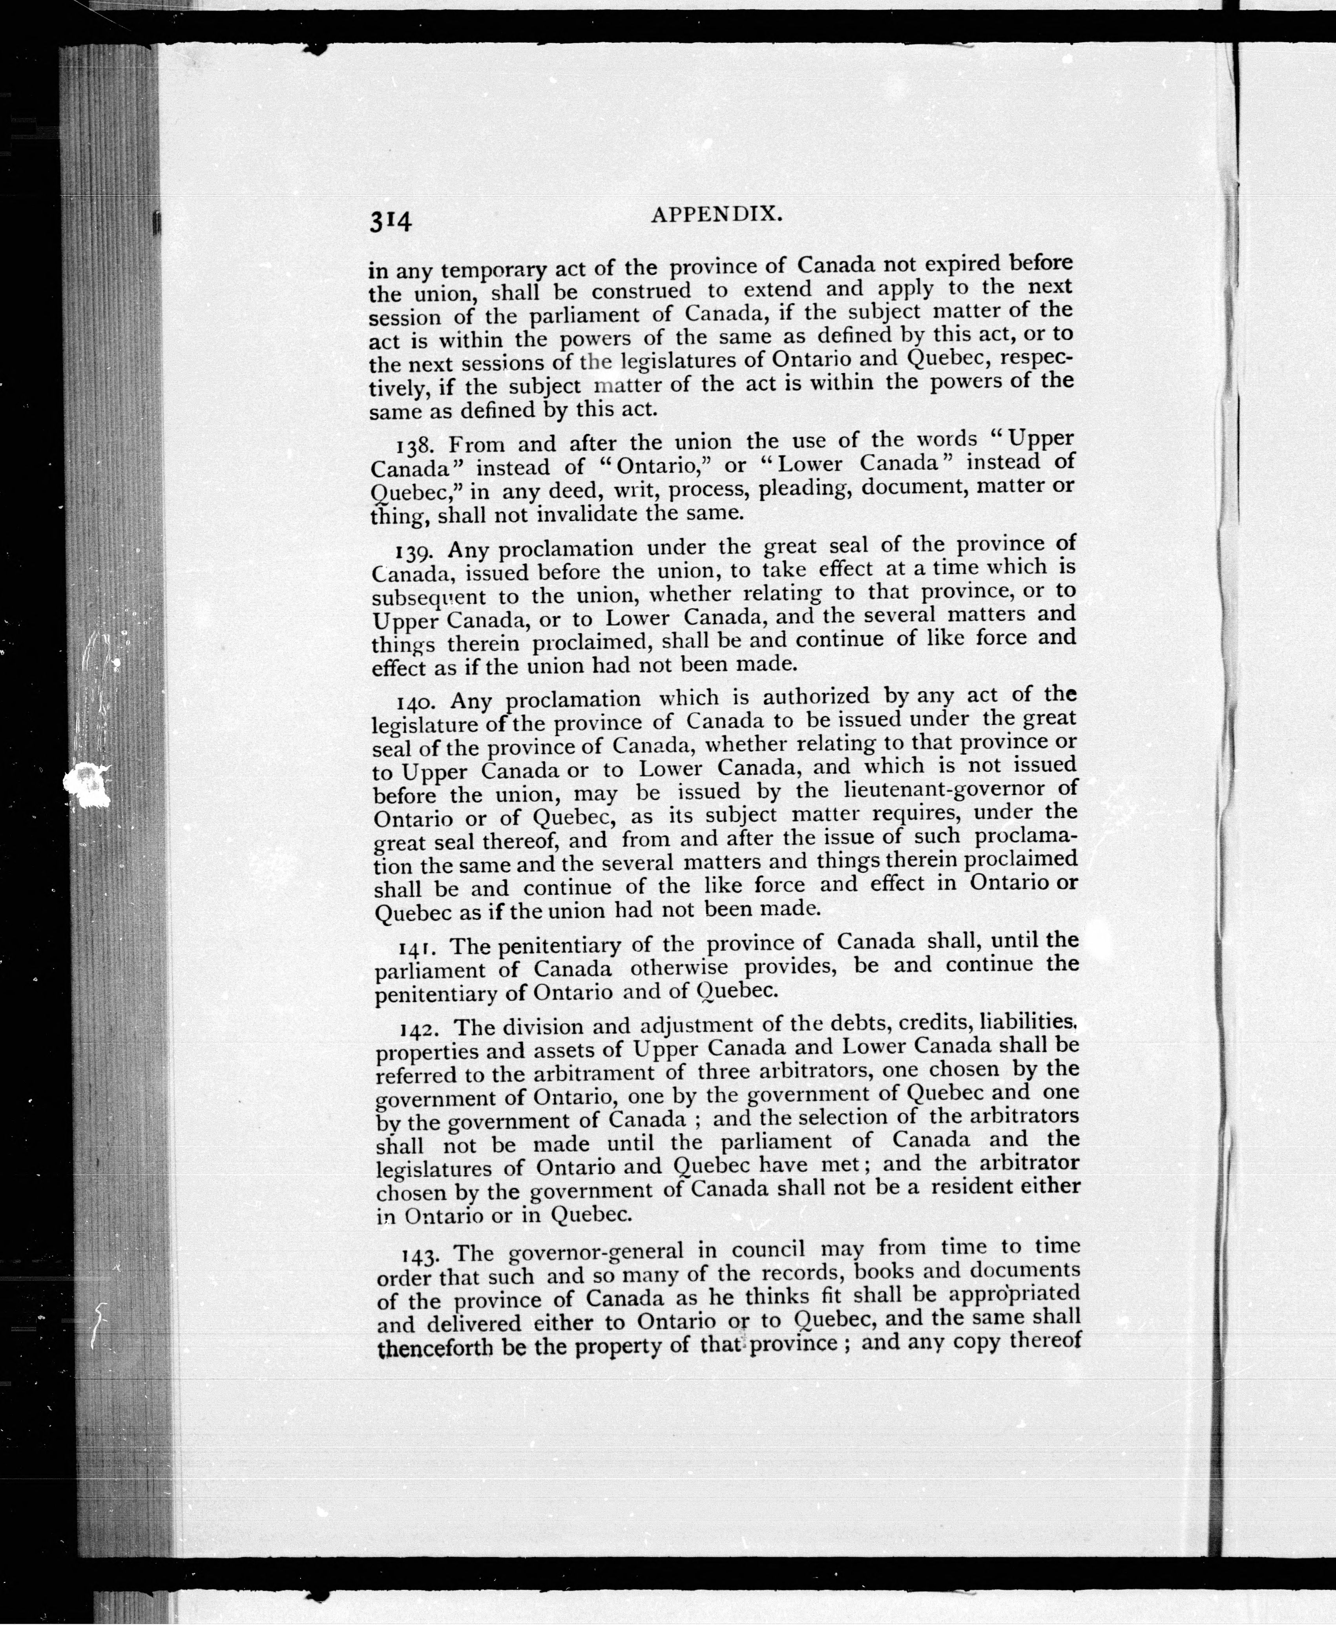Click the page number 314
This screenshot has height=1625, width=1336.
(x=391, y=221)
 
